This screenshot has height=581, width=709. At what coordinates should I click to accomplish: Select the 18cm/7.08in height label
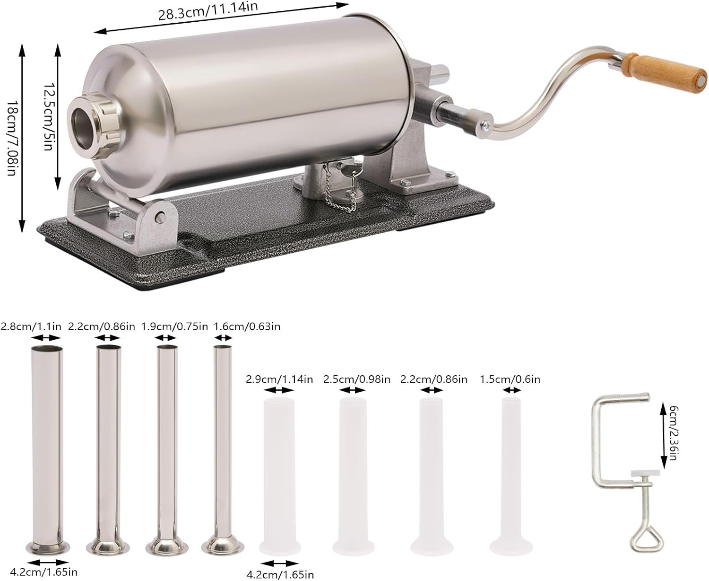click(x=12, y=138)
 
